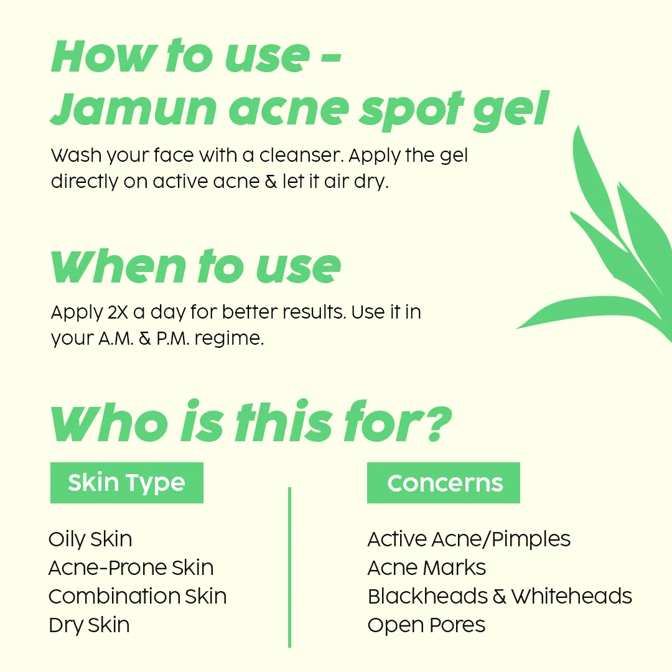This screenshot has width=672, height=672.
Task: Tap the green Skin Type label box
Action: [x=127, y=483]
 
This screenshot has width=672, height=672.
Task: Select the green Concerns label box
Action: [x=444, y=483]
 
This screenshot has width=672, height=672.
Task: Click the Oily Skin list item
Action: [x=90, y=539]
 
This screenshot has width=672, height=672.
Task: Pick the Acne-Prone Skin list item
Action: [x=131, y=568]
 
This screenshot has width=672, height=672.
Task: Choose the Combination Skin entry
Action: [x=138, y=597]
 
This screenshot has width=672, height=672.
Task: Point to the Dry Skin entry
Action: [x=89, y=625]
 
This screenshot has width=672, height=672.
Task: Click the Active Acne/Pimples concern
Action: [x=469, y=539]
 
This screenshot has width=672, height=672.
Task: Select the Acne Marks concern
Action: [x=427, y=568]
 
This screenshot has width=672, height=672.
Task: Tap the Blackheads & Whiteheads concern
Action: [x=500, y=597]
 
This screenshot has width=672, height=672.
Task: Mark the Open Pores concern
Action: [x=426, y=625]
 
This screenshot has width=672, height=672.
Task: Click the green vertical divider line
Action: [x=290, y=567]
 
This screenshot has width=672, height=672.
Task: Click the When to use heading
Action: [x=196, y=266]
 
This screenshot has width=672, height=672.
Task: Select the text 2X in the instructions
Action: [x=118, y=312]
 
